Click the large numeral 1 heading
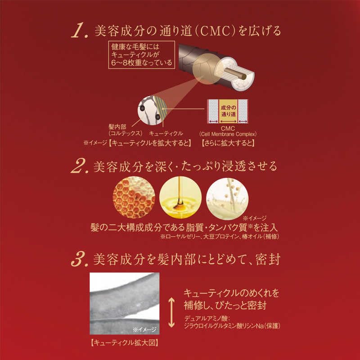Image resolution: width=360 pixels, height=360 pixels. click(x=81, y=31)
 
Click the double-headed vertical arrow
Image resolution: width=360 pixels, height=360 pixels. click(x=171, y=311)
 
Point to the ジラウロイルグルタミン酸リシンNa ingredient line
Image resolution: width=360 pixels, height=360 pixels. click(x=232, y=327)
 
